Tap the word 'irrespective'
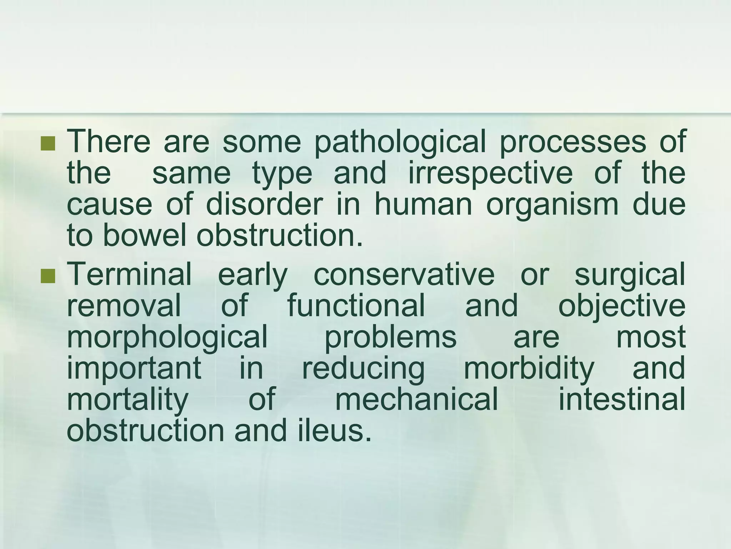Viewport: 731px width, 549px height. pos(490,174)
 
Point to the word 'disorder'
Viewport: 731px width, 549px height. pos(264,204)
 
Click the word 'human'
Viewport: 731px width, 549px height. pos(423,204)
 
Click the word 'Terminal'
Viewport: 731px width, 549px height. pos(129,274)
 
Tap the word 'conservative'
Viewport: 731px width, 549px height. pos(404,274)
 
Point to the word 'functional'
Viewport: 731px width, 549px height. pos(356,305)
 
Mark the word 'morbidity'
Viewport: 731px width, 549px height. pos(529,368)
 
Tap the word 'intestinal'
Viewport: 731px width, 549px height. pos(621,399)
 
